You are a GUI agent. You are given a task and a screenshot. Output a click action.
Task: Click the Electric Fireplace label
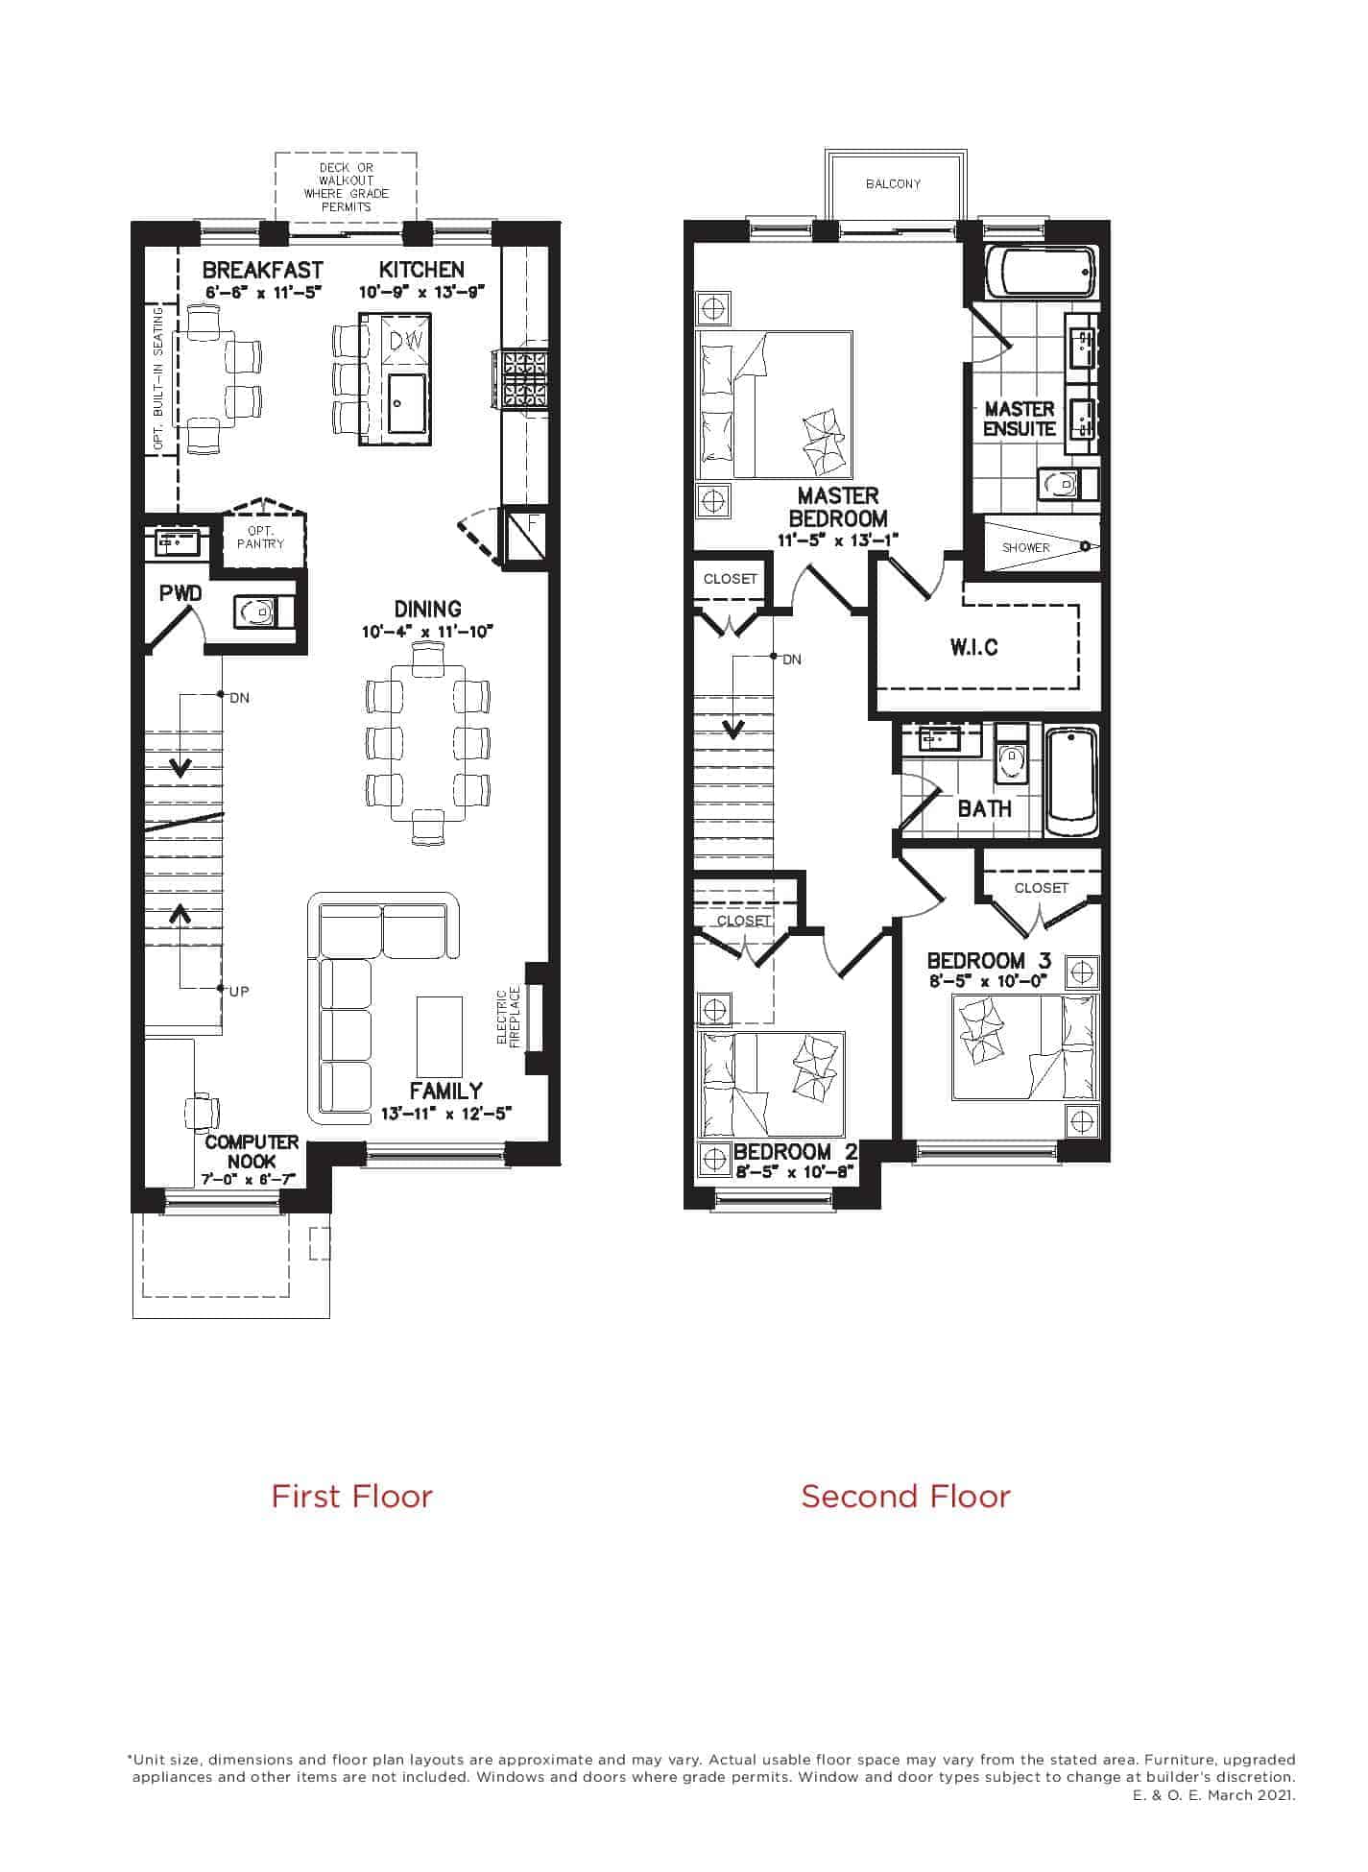click(508, 1019)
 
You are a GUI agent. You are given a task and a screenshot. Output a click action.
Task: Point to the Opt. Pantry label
click(261, 538)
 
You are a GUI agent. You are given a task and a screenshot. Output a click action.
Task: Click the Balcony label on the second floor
click(893, 183)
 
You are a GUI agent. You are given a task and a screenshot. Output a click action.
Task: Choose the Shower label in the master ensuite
click(1026, 547)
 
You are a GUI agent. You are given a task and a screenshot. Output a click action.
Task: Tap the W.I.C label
click(974, 647)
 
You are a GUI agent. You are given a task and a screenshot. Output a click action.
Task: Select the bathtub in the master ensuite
click(1045, 273)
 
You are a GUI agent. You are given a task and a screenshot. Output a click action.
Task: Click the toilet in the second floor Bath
click(1010, 756)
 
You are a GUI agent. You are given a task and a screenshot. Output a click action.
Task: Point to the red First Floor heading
click(351, 1496)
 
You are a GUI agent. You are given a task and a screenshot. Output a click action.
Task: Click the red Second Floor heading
click(905, 1496)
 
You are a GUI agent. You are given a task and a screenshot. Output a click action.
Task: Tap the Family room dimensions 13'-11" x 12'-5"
click(446, 1114)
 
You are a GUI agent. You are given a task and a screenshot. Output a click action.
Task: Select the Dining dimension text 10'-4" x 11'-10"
click(428, 632)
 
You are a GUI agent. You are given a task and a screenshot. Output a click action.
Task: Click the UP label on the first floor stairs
click(239, 991)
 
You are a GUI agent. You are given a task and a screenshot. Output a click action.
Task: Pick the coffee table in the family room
click(438, 1037)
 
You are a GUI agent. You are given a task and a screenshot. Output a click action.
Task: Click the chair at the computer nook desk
click(202, 1113)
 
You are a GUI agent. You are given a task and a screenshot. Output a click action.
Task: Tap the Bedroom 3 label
click(989, 960)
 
